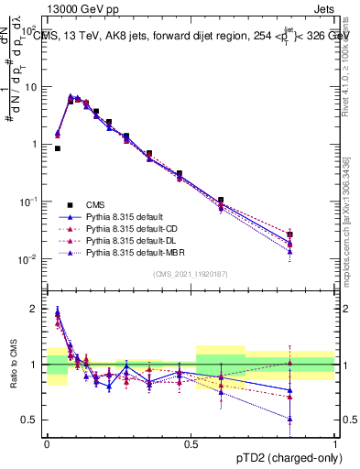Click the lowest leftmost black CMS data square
[58, 147]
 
